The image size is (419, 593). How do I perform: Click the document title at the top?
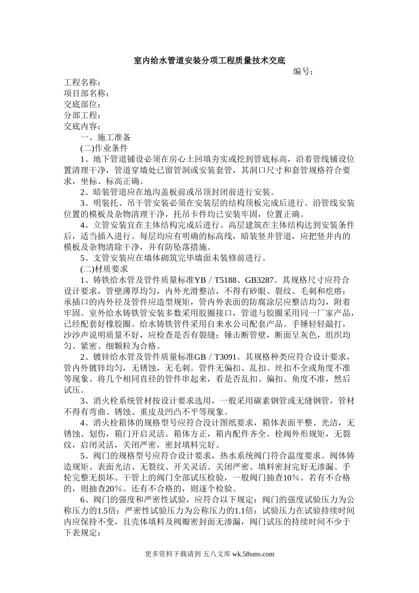pos(209,60)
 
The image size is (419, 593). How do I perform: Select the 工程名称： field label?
pos(82,83)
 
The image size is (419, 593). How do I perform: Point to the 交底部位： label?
pos(82,105)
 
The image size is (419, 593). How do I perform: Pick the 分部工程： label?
pos(82,116)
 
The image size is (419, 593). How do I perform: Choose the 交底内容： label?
pos(82,127)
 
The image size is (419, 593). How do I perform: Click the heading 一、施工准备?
pos(106,138)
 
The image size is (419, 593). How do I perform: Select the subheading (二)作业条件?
pos(104,148)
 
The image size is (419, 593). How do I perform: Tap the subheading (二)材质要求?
pos(104,269)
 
